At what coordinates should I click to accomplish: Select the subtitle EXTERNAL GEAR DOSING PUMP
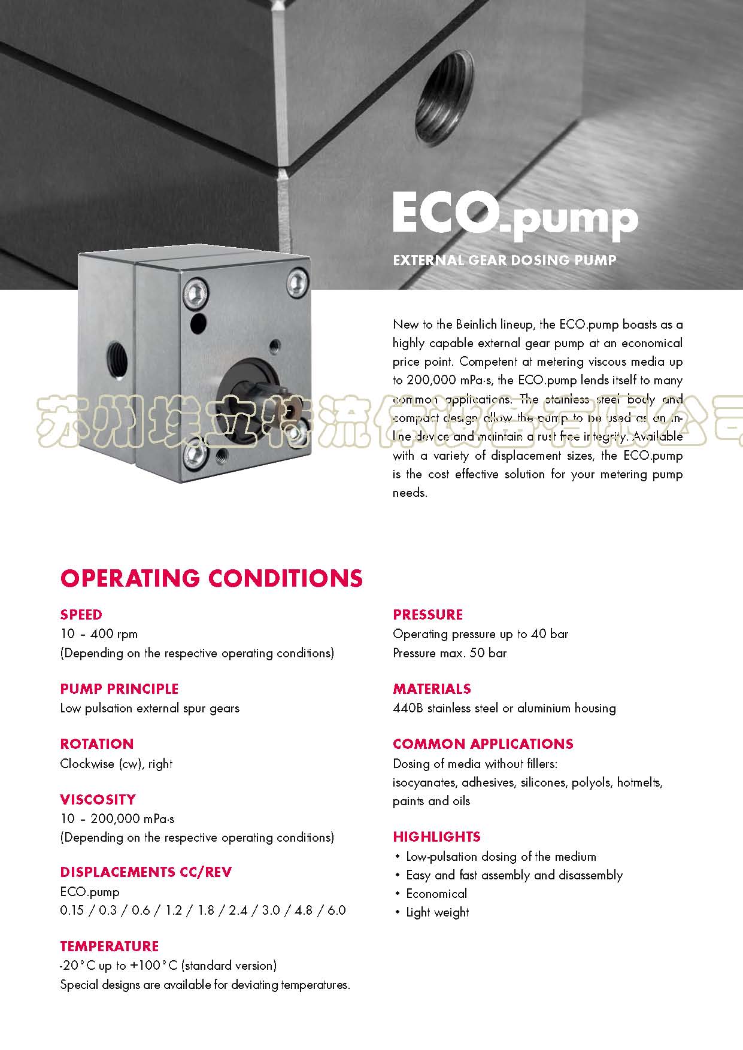tap(504, 260)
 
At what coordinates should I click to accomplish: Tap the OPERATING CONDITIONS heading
tap(211, 578)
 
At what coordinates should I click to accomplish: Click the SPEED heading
tap(81, 615)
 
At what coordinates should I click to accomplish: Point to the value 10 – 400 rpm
tap(99, 634)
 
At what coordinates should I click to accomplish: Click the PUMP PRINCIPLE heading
tap(119, 689)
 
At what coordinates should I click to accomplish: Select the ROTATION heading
tap(97, 744)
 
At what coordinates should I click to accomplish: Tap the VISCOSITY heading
tap(98, 800)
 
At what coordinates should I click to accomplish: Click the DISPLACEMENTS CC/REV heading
tap(145, 872)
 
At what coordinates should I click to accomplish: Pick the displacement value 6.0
tap(336, 911)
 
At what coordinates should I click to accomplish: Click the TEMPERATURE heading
tap(110, 946)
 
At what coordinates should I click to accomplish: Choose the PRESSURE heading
tap(427, 615)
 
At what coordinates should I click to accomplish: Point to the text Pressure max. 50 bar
tap(450, 653)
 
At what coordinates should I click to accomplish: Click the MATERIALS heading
tap(432, 689)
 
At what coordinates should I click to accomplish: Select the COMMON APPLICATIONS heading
tap(483, 744)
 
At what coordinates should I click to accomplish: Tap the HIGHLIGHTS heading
tap(436, 837)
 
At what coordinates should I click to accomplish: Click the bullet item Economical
tap(436, 894)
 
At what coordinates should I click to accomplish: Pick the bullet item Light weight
tap(438, 912)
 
